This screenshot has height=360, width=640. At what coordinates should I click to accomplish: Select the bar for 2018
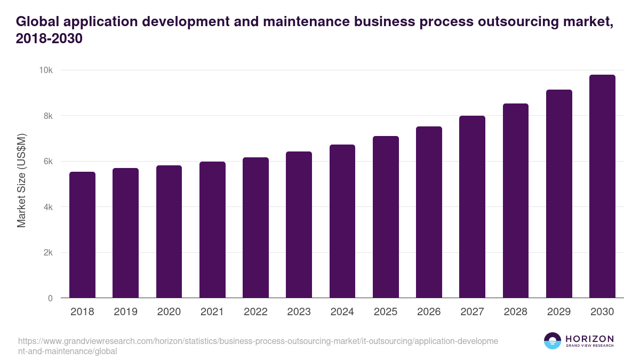(82, 235)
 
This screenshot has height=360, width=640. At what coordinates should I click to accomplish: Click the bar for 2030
(602, 186)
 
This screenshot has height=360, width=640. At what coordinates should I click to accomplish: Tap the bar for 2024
(342, 221)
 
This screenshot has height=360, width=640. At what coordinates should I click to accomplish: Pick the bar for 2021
(212, 229)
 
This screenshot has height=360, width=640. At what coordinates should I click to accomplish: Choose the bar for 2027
(472, 206)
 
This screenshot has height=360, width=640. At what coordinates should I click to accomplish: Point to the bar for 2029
(559, 194)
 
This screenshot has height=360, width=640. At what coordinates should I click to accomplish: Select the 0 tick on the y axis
(50, 298)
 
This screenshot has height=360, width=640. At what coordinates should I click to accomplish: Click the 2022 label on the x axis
(255, 312)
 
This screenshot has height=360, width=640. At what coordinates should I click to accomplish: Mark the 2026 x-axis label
(429, 312)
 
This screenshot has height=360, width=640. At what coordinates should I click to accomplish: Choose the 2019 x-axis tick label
(125, 312)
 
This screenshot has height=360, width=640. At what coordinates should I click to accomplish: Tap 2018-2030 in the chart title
(49, 39)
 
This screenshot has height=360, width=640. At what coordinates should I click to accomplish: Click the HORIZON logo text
(589, 339)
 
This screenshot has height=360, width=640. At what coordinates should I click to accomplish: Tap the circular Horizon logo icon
(553, 341)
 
